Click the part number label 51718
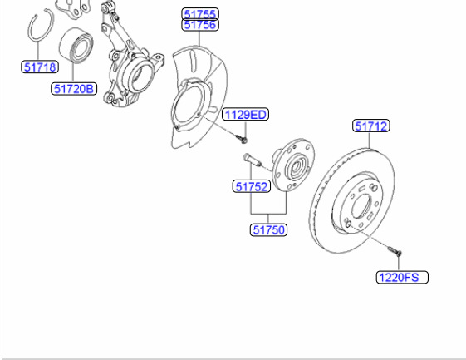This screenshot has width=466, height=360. pos(40,67)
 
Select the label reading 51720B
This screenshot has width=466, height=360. pos(74,89)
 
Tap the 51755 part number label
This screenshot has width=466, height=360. pos(200,13)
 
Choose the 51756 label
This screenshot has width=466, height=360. pos(200,25)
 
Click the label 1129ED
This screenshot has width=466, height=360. pos(246,114)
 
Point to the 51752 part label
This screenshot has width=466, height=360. pos(252,186)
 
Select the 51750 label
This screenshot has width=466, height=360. pos(268,230)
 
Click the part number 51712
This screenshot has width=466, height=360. pos(371,126)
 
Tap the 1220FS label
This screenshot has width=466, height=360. pos(402,278)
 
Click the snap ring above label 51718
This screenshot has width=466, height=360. pos(32,26)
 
